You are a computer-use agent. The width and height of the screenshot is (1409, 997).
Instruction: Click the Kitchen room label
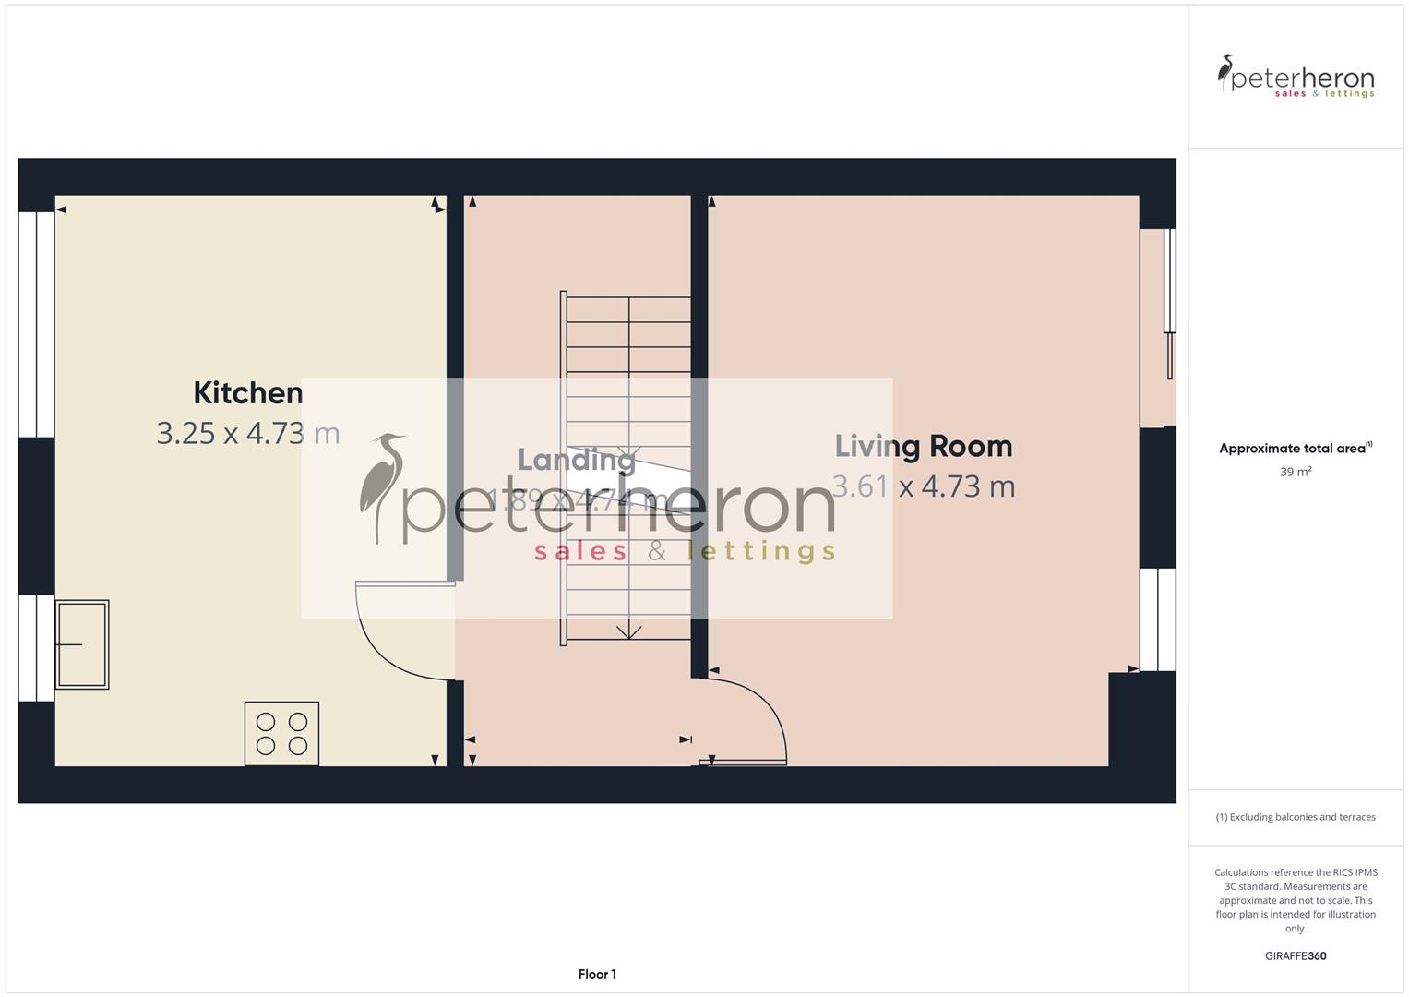point(247,393)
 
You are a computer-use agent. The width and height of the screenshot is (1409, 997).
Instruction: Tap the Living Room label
point(923,447)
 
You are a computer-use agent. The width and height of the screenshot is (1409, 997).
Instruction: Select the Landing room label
point(576,460)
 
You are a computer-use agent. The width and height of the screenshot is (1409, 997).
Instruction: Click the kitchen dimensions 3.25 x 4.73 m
point(248,433)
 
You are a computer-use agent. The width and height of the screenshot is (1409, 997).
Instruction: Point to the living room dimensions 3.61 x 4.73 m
point(924,486)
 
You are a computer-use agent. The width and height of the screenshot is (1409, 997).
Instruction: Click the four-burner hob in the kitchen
point(281,734)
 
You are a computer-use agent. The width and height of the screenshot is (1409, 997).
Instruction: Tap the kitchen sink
point(82,644)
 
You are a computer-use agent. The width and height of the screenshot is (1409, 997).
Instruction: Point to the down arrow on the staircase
point(629,631)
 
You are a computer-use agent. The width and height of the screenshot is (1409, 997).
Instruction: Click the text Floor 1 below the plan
point(597,974)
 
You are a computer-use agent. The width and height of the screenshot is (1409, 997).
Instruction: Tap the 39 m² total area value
point(1296,472)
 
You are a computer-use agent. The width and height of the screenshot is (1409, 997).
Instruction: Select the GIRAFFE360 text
point(1296,956)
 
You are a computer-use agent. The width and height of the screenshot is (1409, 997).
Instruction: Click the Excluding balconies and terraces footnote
point(1296,817)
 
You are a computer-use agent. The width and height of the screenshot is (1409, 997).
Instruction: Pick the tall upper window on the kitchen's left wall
point(36,324)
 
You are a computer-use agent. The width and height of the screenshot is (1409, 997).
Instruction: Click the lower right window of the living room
point(1158,619)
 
